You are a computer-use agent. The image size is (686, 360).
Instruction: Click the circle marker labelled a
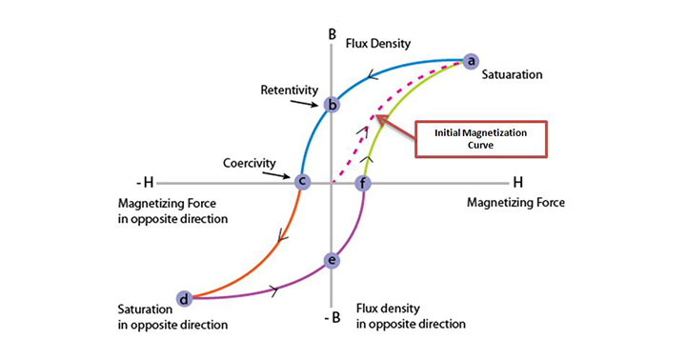coord(470,61)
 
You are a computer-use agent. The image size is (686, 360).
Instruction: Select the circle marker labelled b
coord(332,105)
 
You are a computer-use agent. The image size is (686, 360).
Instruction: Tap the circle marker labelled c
coord(302,181)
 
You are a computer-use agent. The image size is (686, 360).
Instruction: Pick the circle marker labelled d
coord(184,299)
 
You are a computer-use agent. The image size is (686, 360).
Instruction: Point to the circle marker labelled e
coord(332,260)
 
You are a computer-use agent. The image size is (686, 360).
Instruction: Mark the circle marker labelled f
coord(362,181)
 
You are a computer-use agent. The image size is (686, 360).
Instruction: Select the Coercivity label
coord(250,163)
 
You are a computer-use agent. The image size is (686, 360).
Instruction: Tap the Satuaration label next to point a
coord(512,73)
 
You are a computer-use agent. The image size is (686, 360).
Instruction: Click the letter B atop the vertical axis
coord(332,35)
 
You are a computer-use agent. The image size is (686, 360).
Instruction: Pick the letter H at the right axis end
coord(517,180)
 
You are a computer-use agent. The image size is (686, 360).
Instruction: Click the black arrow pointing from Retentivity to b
coord(308,99)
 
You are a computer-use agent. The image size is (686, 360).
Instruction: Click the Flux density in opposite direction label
coord(411,316)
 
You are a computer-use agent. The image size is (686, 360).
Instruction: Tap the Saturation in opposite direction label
coord(172,317)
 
